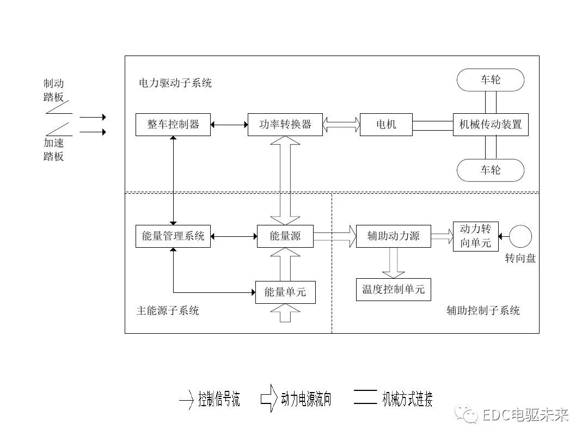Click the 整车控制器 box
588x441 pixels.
coord(173,125)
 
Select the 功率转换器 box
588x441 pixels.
coord(285,125)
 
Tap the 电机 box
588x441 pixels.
coord(386,125)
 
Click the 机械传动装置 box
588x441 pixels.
coord(491,125)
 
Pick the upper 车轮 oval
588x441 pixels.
coord(490,80)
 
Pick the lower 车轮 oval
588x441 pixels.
coord(490,170)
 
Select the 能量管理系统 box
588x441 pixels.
coord(173,236)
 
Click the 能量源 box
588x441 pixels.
coord(285,236)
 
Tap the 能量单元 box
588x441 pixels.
coord(285,292)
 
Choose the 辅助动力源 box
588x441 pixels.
coord(393,236)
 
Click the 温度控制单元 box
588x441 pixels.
coord(393,289)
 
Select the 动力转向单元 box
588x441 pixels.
coord(475,236)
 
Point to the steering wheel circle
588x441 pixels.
coord(521,236)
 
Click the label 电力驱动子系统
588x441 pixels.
coord(175,83)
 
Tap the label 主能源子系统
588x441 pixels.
coord(167,311)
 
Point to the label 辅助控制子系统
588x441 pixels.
coord(483,311)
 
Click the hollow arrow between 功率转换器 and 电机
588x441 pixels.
coord(341,125)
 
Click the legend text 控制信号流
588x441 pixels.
coord(219,400)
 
